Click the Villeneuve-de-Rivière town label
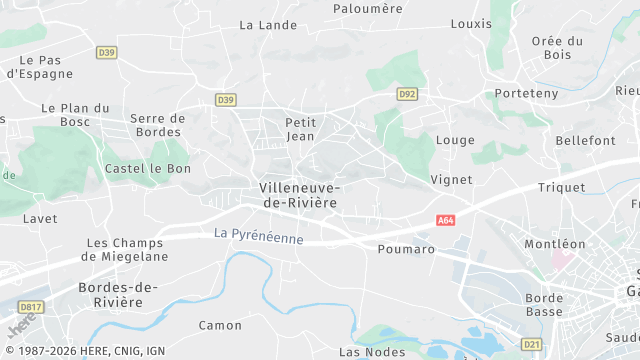click(x=298, y=195)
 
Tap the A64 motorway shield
click(x=446, y=220)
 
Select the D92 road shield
click(x=406, y=94)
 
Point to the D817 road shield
click(x=29, y=307)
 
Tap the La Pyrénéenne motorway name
click(x=258, y=236)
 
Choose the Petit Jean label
click(x=301, y=129)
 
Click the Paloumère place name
click(x=367, y=9)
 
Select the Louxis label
click(x=471, y=23)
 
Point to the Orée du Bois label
click(x=558, y=48)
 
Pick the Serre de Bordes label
click(x=158, y=125)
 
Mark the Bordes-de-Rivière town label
click(x=117, y=295)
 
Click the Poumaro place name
click(x=407, y=249)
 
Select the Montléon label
click(x=554, y=243)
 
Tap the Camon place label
click(x=220, y=325)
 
